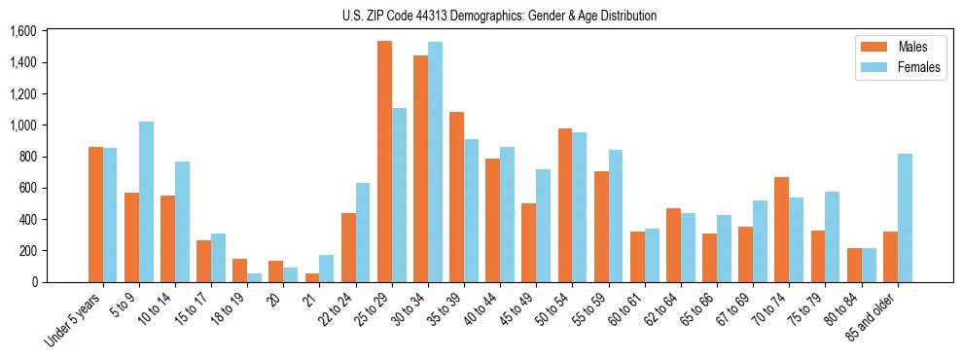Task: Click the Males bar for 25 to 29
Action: (x=384, y=162)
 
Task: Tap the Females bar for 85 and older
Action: (x=905, y=218)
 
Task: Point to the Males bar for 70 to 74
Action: (x=781, y=230)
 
